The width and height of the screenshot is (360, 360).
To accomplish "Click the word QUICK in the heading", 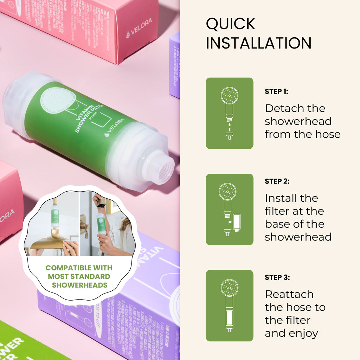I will point(231,24).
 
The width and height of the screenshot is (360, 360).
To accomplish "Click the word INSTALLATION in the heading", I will point(259,43).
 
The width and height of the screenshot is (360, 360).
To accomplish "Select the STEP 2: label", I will point(277,181).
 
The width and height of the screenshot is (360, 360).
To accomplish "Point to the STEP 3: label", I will point(277,277).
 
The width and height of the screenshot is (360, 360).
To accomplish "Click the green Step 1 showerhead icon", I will point(230,113).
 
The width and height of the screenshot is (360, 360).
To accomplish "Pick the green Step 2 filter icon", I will point(230,209).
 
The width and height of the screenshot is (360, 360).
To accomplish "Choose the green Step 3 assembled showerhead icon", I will point(230,306).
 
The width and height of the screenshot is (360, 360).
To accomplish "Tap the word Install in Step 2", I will point(279,198).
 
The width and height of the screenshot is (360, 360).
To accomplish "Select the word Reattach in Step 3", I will point(289,294).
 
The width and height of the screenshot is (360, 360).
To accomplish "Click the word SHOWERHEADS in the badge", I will point(80,285).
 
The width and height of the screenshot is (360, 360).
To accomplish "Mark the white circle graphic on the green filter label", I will point(58,101).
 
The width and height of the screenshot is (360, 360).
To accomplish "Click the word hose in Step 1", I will point(329,134).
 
